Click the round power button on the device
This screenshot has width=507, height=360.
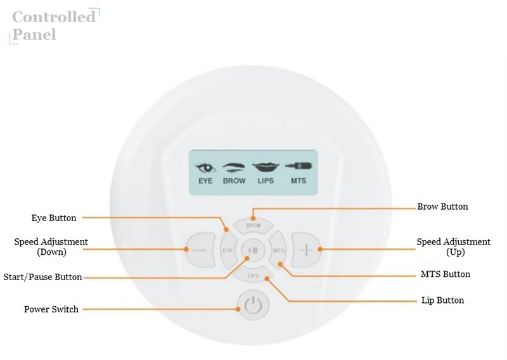click(x=253, y=305)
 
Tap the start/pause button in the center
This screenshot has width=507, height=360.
click(x=253, y=250)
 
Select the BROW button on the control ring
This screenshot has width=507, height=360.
click(x=253, y=225)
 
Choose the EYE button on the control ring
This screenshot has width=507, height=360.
click(x=228, y=250)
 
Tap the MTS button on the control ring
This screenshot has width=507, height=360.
click(x=278, y=250)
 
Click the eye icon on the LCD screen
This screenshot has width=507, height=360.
click(x=205, y=168)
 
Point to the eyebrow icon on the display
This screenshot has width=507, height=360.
click(x=234, y=168)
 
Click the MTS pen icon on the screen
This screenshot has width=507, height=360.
click(x=298, y=166)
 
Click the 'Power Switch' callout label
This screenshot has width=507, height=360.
click(x=51, y=309)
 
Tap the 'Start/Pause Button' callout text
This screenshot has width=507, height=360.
click(x=42, y=277)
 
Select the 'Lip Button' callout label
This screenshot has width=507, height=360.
click(x=442, y=300)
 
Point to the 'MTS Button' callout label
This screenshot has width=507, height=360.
click(x=446, y=274)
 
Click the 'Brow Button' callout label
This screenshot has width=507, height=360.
click(x=442, y=207)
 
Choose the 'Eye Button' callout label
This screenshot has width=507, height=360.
click(x=54, y=218)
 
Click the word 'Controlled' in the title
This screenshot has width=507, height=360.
click(x=54, y=17)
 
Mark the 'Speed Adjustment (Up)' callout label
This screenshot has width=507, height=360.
click(x=453, y=247)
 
